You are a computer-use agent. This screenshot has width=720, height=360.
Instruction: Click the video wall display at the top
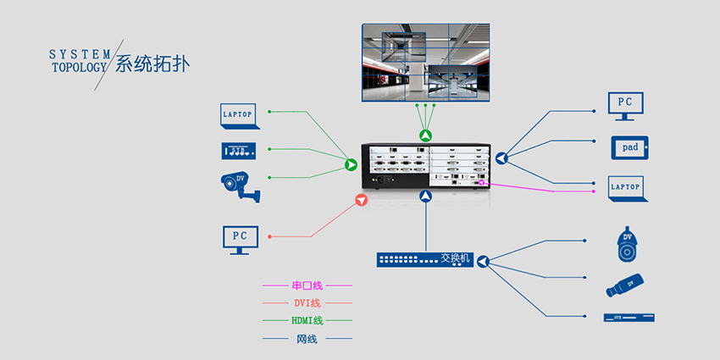click(x=424, y=61)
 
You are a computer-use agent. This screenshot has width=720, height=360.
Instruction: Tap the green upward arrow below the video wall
click(x=425, y=136)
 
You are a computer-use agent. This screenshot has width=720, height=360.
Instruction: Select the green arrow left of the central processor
click(x=351, y=163)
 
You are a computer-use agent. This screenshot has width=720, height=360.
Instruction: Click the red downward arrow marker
click(x=362, y=201)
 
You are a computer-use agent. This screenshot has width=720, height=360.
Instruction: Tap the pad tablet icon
click(x=630, y=147)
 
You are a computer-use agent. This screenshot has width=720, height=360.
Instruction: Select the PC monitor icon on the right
click(x=625, y=104)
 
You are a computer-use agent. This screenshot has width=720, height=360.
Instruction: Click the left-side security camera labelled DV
click(x=239, y=186)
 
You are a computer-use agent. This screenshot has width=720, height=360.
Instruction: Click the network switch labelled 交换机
click(x=424, y=259)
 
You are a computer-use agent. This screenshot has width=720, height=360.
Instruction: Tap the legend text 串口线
click(x=307, y=285)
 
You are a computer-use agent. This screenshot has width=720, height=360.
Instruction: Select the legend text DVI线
click(x=307, y=303)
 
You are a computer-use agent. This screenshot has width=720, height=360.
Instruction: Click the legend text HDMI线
click(x=307, y=320)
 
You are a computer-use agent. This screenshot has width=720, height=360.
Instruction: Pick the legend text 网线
click(x=307, y=339)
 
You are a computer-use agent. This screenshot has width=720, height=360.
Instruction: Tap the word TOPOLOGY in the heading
click(x=80, y=67)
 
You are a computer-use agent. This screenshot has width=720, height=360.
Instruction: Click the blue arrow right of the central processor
click(x=501, y=158)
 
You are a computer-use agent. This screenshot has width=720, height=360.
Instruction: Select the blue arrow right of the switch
click(x=483, y=263)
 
